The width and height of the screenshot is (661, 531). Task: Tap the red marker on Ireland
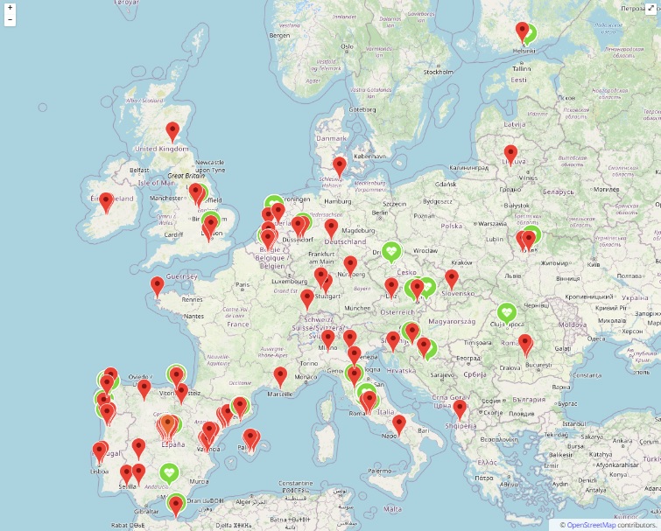pos(106,203)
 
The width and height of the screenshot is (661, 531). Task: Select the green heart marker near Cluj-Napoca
pos(506,312)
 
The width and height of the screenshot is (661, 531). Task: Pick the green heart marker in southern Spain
pos(170,472)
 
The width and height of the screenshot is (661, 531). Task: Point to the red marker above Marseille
pos(280,376)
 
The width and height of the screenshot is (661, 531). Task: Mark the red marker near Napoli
pos(399,424)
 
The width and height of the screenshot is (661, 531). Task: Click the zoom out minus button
pos(10,19)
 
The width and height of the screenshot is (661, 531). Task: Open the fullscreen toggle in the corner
pos(650,8)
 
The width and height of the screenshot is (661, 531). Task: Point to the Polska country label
pos(451,225)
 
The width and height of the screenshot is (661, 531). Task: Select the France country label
pos(238,324)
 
